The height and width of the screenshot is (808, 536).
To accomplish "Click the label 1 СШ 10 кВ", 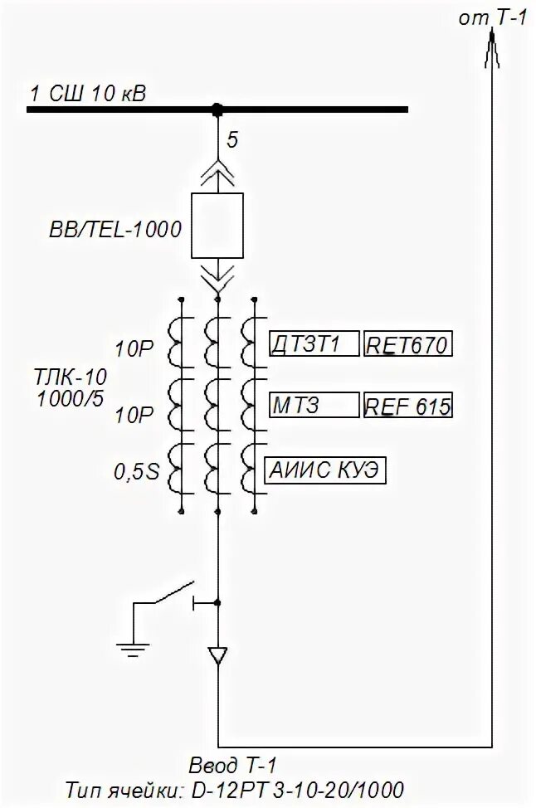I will pos(87,92).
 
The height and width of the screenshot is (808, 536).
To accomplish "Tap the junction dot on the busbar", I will pos(217,109).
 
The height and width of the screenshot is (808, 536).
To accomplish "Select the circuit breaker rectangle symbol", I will pos(217,226).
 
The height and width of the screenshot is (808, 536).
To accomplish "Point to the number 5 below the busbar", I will pos(232,139).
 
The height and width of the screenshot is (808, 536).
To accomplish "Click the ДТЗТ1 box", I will pos(314,343).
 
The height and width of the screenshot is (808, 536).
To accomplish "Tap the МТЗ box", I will pos(314,406).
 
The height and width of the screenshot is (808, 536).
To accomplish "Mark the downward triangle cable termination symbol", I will pos(217,655).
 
